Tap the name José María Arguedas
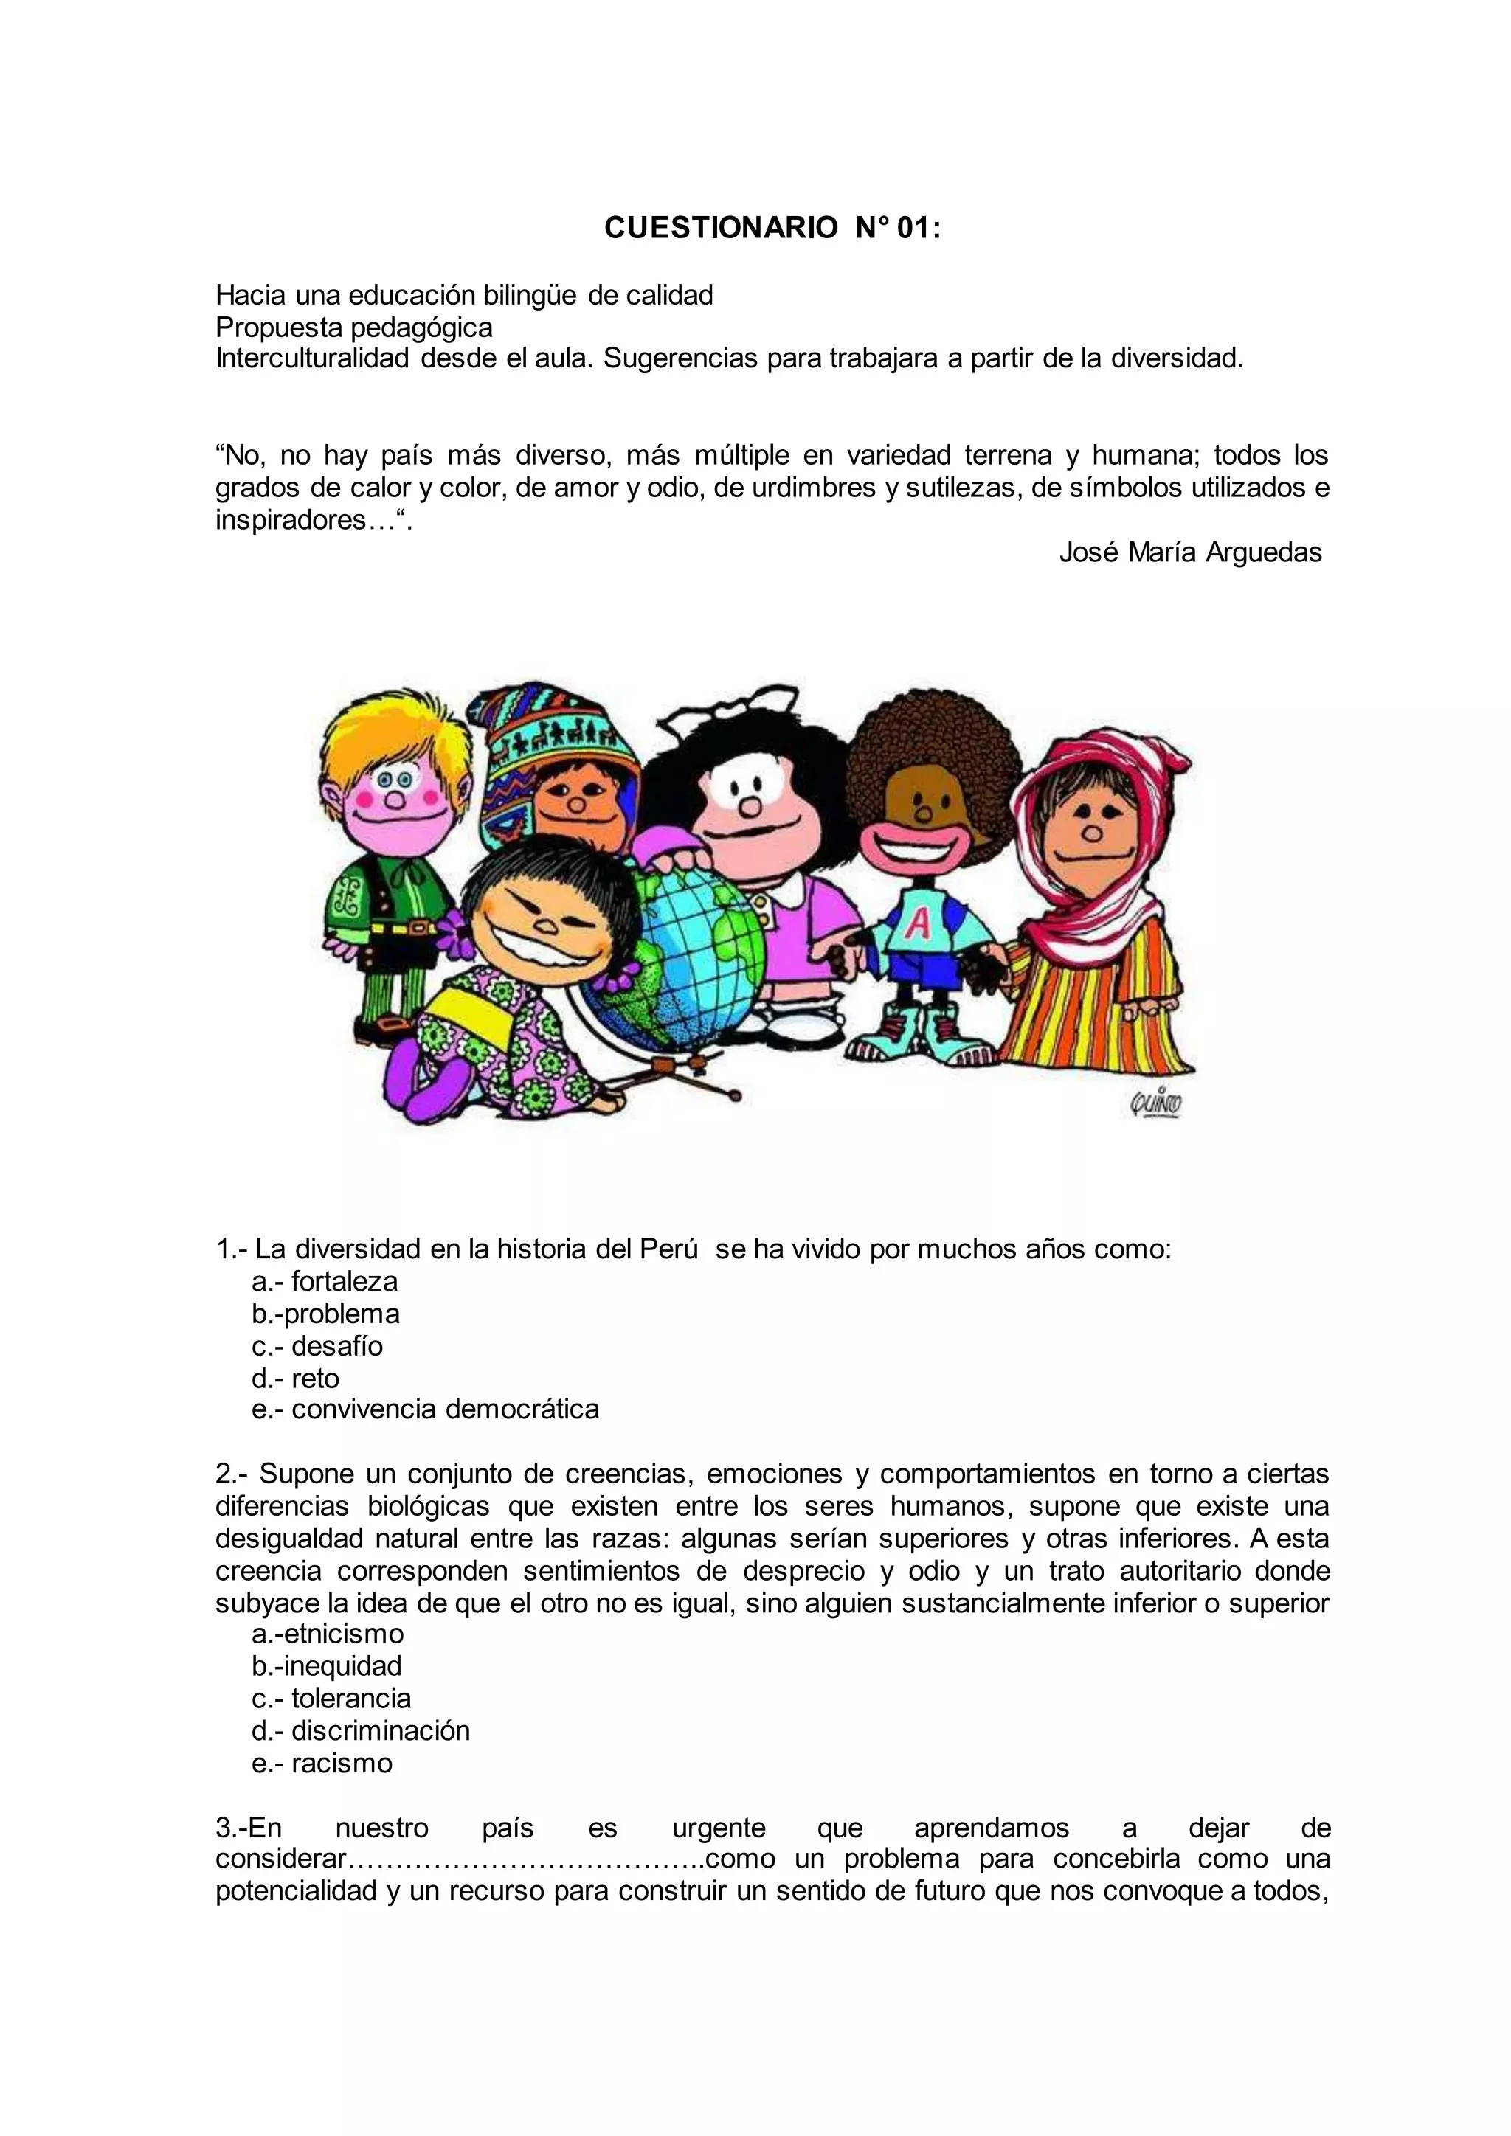click(x=1190, y=552)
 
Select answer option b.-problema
click(x=325, y=1314)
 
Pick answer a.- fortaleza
click(x=325, y=1281)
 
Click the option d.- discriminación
click(x=361, y=1730)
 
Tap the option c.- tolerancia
click(x=331, y=1698)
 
